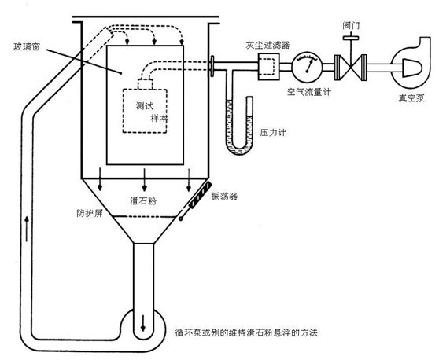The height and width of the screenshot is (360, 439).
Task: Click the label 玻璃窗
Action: coord(27,46)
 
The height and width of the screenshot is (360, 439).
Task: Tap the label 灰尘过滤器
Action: coord(267,46)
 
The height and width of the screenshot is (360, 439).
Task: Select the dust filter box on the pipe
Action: coord(268,67)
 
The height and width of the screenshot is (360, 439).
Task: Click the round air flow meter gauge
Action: coord(307,67)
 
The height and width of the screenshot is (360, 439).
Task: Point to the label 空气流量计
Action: coord(309,91)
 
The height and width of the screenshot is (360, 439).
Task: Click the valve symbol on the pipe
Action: coord(351,68)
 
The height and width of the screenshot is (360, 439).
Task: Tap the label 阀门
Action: coord(351,26)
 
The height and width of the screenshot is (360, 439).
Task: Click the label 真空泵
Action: coord(411,98)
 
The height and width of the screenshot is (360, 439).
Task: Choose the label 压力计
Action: coord(273,132)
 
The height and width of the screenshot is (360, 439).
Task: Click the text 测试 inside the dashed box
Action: coord(145,106)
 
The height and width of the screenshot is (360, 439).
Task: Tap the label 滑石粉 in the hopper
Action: coord(143,201)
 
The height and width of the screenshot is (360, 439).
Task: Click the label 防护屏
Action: coord(90,214)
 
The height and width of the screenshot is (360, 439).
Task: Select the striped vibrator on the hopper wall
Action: coord(200,195)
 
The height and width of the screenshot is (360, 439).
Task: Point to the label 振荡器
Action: coord(224,196)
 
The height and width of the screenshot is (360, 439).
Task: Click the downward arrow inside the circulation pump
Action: coord(143,324)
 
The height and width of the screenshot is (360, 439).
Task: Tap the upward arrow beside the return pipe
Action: coord(27,228)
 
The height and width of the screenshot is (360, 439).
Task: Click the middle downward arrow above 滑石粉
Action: coord(145,180)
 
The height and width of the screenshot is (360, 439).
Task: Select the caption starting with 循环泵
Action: coord(246,332)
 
